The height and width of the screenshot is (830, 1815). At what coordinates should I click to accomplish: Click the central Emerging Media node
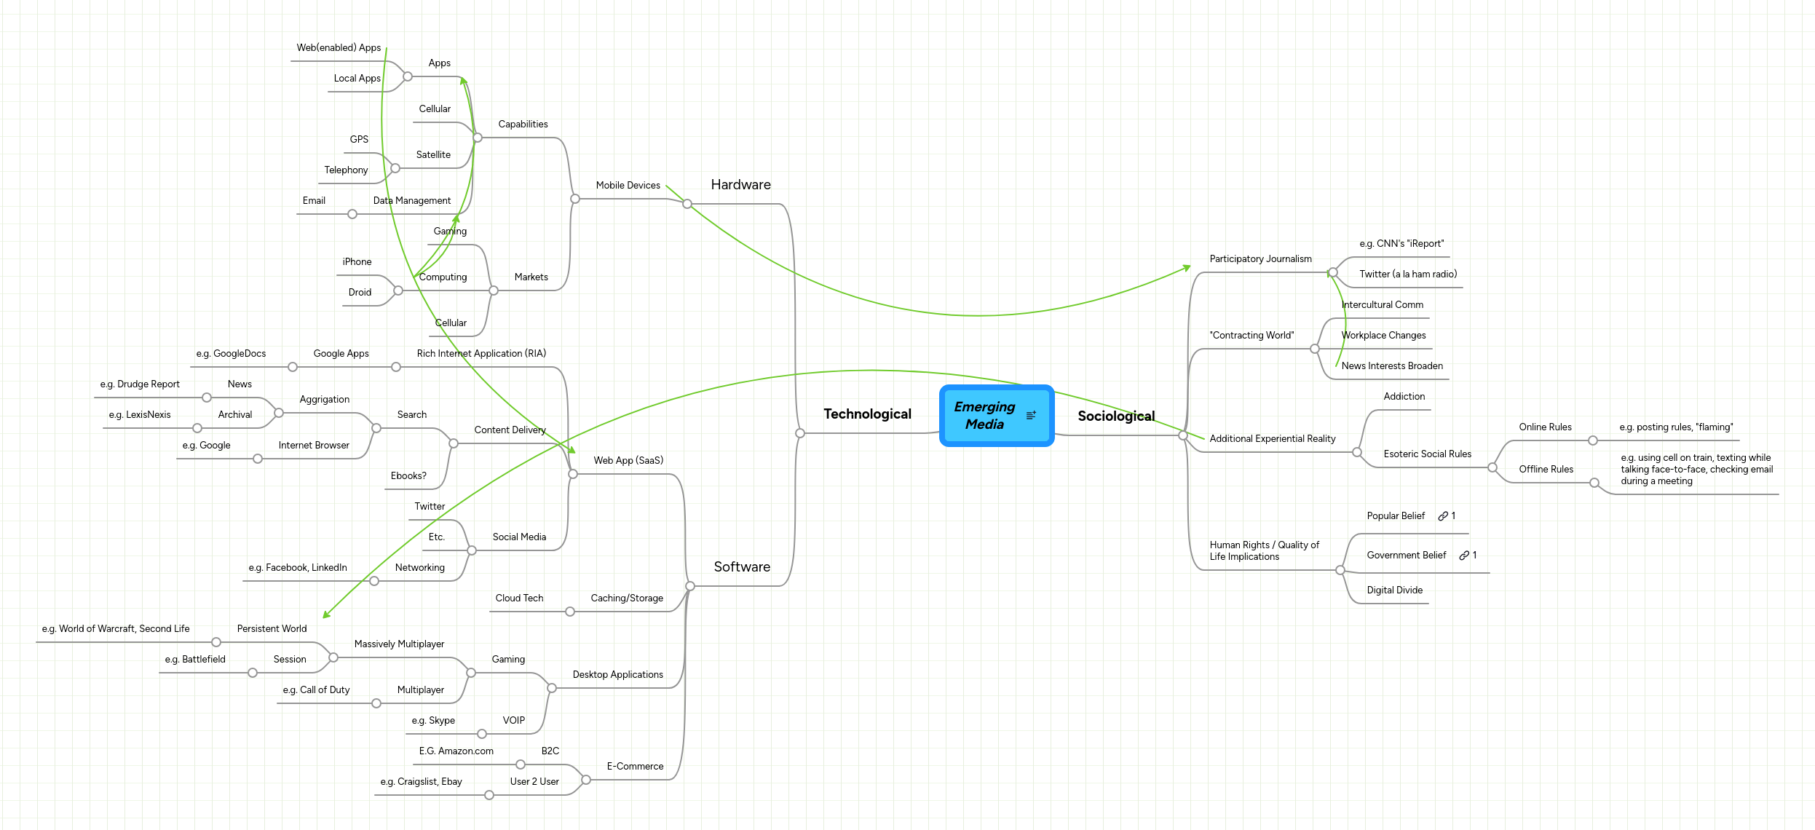coord(984,416)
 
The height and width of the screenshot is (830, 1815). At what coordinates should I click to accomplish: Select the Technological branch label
coord(867,414)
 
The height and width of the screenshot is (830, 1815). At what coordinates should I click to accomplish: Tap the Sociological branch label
coord(1115,416)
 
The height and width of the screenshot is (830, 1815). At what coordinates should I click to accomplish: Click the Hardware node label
coord(740,185)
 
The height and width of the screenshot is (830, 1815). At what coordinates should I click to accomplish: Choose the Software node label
coord(741,567)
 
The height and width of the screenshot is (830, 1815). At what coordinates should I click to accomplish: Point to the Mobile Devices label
coord(628,186)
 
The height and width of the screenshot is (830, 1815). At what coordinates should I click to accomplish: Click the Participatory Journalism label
coord(1260,259)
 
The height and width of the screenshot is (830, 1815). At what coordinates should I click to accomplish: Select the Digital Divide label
coord(1394,590)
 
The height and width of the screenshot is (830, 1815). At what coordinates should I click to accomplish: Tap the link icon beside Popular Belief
coord(1442,516)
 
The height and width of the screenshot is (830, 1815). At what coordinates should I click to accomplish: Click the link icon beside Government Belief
coord(1463,556)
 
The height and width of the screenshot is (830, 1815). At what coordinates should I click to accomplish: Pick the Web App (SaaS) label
coord(628,461)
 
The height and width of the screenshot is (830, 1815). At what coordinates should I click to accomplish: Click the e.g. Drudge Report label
coord(140,384)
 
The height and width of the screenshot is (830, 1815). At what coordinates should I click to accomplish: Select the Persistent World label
coord(272,629)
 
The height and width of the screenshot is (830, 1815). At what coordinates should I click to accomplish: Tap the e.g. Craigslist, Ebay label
coord(421,782)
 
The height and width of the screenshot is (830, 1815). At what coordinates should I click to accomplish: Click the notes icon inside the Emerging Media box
coord(1031,416)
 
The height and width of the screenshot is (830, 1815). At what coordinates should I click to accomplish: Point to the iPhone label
coord(357,262)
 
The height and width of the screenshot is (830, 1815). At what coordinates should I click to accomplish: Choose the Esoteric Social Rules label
coord(1427,454)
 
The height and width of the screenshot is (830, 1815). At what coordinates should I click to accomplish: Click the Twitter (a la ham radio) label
coord(1407,274)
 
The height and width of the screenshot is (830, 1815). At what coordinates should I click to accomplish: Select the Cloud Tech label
coord(519,598)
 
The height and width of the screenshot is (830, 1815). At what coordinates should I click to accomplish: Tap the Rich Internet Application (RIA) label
coord(481,354)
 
